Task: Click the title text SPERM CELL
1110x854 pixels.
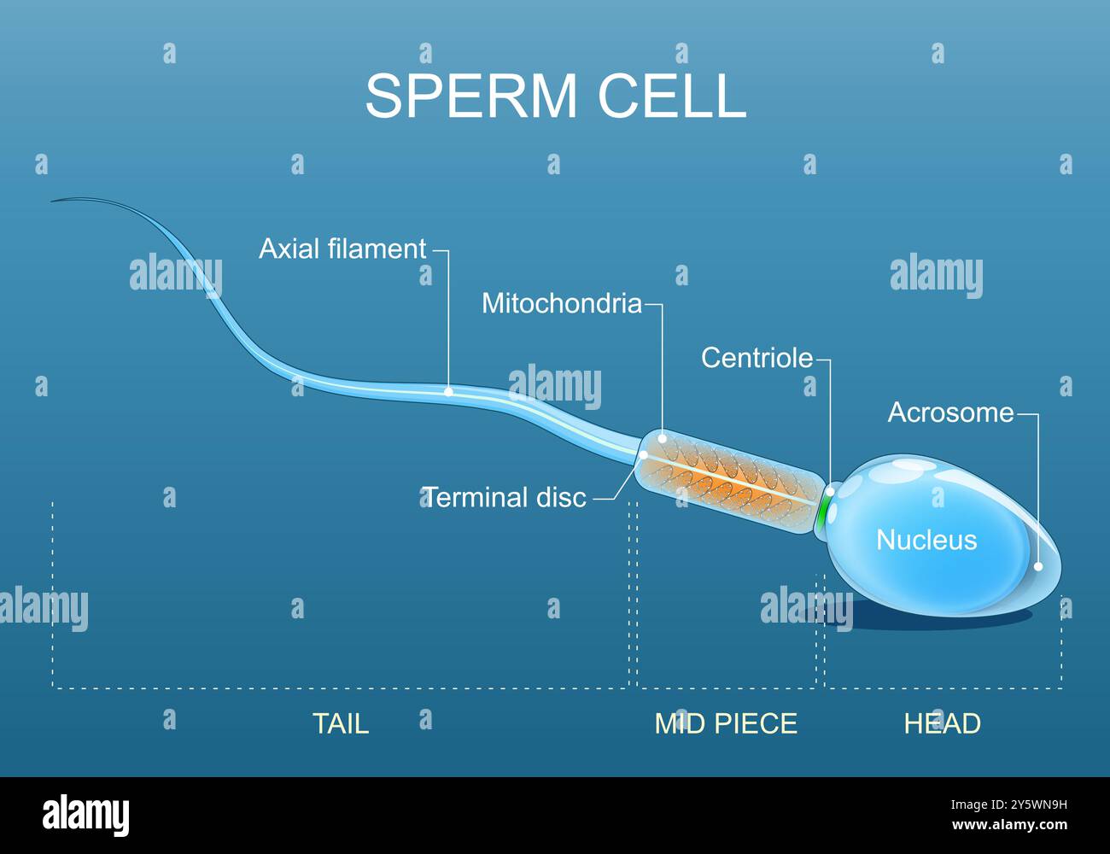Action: (556, 96)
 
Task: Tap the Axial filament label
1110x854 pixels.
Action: (342, 249)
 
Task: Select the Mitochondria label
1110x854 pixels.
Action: (562, 303)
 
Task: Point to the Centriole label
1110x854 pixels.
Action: (757, 358)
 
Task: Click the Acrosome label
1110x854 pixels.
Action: (950, 412)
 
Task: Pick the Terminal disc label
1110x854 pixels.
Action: (505, 497)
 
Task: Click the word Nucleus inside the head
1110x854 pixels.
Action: (926, 540)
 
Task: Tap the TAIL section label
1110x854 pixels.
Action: (341, 723)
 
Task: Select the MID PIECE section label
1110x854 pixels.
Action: (726, 723)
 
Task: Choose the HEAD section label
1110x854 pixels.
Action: (943, 723)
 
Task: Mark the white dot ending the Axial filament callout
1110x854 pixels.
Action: (448, 392)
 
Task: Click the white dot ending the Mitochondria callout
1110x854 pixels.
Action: (663, 438)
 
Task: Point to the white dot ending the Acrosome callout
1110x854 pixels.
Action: (1038, 566)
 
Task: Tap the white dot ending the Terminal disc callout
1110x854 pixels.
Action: (644, 454)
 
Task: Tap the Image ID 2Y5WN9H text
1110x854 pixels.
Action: (1009, 805)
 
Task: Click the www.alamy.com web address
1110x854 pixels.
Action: (1010, 825)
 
